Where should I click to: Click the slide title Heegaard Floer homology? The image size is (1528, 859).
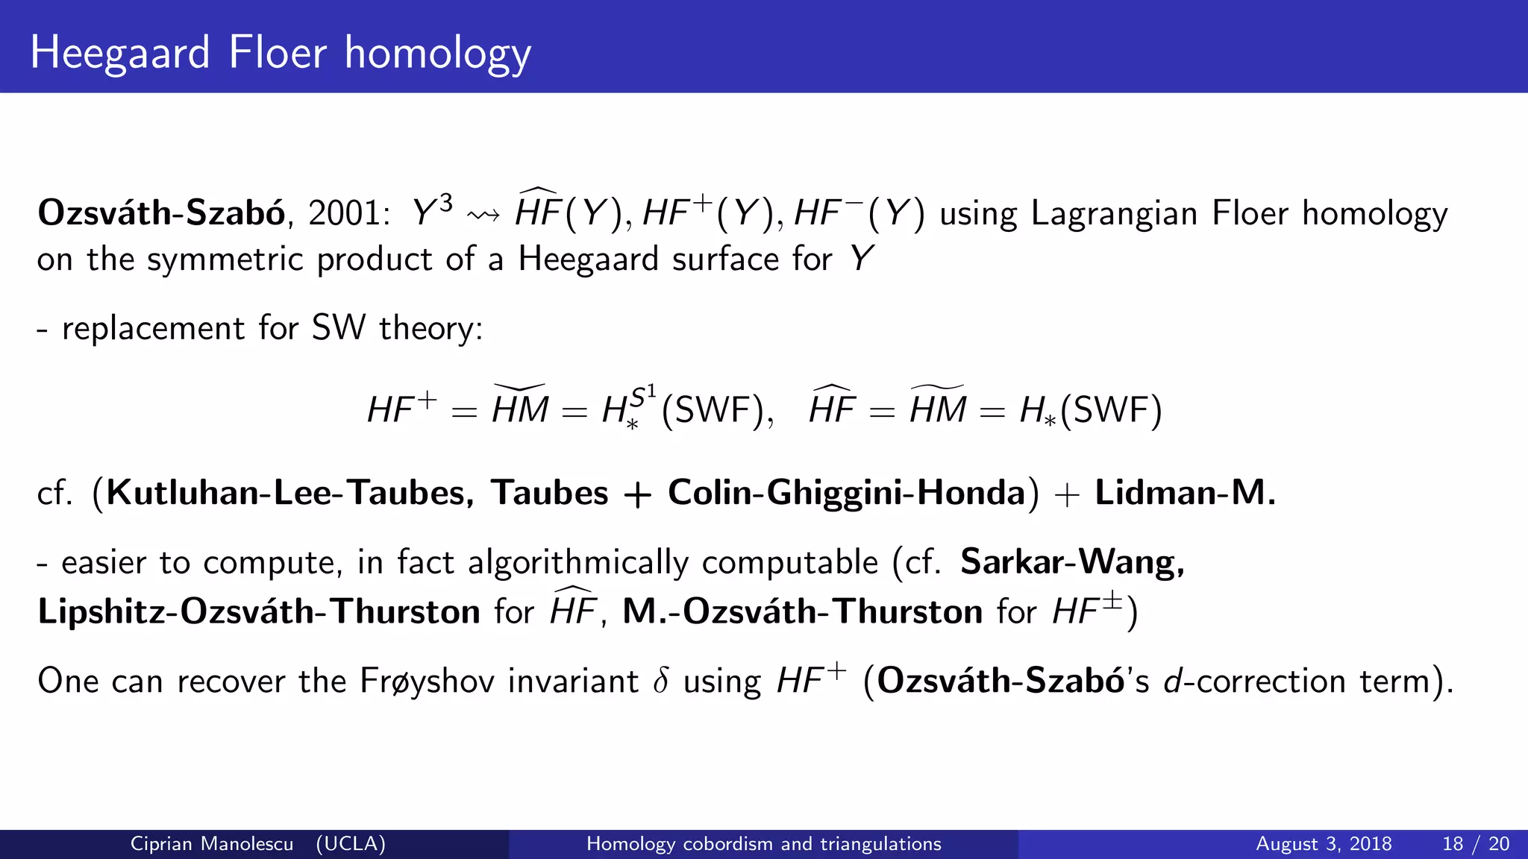click(281, 54)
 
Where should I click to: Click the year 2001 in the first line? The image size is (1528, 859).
click(344, 214)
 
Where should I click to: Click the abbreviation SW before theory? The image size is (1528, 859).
click(339, 329)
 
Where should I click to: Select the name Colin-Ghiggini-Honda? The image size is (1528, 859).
click(846, 493)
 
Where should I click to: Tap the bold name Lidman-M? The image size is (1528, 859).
click(1185, 493)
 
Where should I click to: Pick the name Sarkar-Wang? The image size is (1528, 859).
click(1071, 562)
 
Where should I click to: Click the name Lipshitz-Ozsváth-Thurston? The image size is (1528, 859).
click(259, 612)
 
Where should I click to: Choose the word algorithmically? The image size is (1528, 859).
click(578, 562)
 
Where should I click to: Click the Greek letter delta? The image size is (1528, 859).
click(660, 681)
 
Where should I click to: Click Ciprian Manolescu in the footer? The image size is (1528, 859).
click(212, 844)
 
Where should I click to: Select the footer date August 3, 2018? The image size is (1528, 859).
click(1324, 844)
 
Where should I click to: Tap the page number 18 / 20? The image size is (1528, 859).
click(1476, 844)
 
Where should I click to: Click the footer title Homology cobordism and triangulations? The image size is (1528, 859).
click(763, 844)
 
